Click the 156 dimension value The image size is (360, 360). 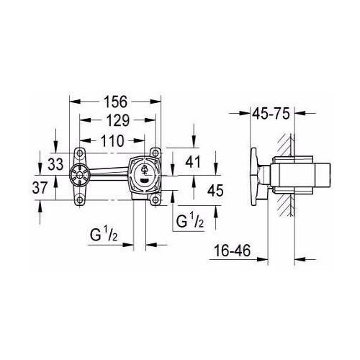coord(115,102)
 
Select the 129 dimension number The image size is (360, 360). coord(118,120)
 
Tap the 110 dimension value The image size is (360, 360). coord(112,141)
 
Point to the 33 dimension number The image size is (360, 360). coord(55,164)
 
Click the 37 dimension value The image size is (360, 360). coord(40,188)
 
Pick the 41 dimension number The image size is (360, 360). coord(193,162)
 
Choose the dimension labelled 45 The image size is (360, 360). coord(215,191)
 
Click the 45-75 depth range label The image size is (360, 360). coord(271,113)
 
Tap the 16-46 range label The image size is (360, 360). coord(233,251)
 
